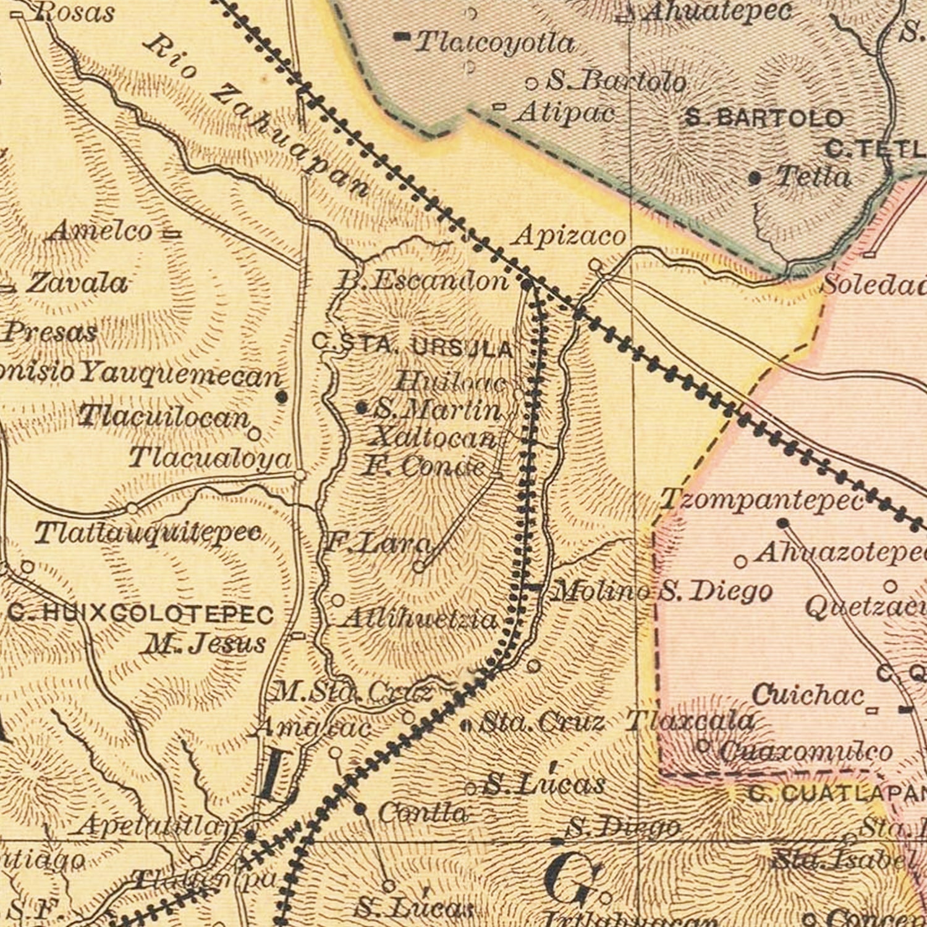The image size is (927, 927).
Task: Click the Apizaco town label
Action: click(x=569, y=236)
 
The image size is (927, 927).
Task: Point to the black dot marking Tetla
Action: click(x=755, y=179)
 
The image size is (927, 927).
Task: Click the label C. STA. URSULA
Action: click(x=413, y=345)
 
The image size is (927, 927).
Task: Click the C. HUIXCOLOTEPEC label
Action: click(x=141, y=614)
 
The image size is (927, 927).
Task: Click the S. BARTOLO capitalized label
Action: click(x=764, y=118)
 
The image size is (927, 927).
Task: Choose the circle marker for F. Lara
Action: click(x=419, y=566)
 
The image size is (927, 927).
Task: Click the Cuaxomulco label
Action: click(x=805, y=751)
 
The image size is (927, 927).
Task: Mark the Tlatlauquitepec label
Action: click(x=148, y=533)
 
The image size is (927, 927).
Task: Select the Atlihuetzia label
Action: click(x=420, y=619)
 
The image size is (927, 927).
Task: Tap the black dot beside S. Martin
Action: click(x=362, y=408)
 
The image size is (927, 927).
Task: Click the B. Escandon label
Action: click(x=422, y=281)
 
